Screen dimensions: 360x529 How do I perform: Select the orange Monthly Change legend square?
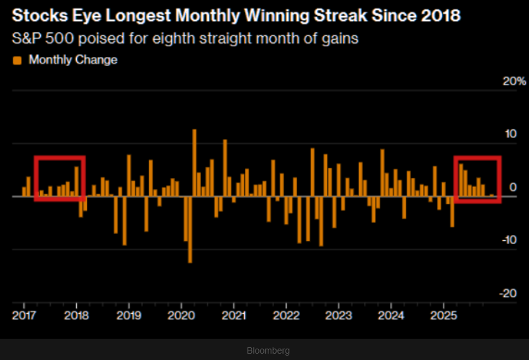coord(17,60)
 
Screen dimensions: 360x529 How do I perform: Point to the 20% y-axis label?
coord(514,81)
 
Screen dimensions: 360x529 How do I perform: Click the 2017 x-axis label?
coord(23,315)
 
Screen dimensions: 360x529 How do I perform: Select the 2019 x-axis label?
coord(128,315)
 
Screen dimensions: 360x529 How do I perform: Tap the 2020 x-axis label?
coord(181,315)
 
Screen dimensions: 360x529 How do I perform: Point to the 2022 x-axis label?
coord(286,315)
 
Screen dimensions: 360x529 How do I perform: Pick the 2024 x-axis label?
coord(391,315)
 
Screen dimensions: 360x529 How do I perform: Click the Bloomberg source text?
coord(268,350)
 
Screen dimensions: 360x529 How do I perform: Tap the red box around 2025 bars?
coord(478,158)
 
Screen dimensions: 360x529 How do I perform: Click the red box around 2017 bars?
coord(60,158)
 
